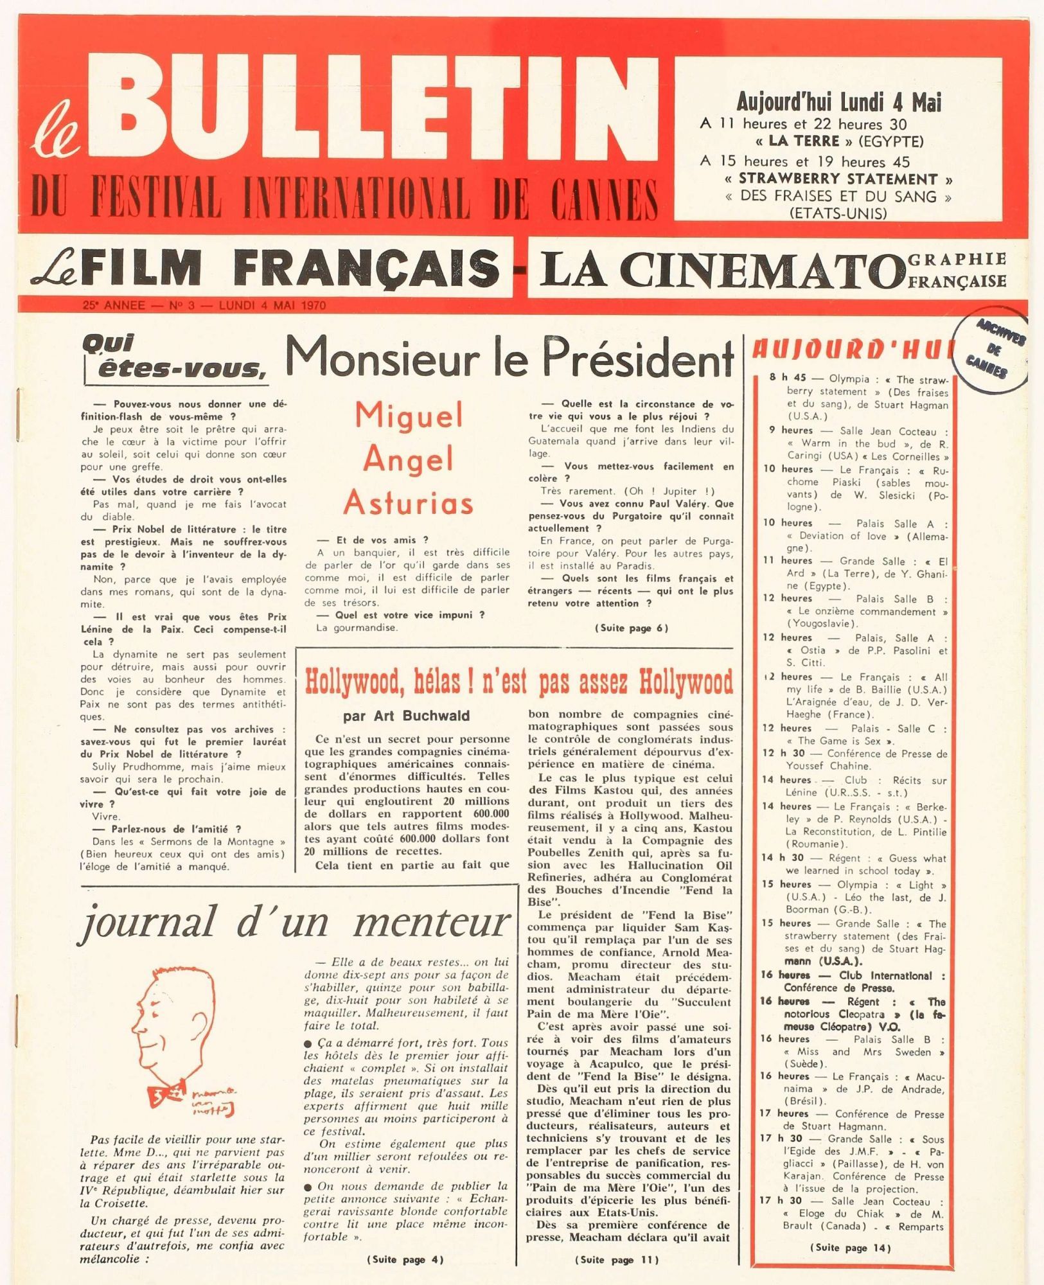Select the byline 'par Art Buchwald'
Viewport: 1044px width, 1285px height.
tap(406, 716)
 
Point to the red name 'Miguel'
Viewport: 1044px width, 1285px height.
tap(409, 416)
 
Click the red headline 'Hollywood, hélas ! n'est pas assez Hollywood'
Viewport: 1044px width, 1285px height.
tap(518, 682)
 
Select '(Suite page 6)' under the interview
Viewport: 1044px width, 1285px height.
tap(631, 628)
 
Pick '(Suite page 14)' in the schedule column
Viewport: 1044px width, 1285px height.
tap(851, 1248)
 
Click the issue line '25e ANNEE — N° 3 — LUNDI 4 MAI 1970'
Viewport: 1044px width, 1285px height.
tap(204, 306)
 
